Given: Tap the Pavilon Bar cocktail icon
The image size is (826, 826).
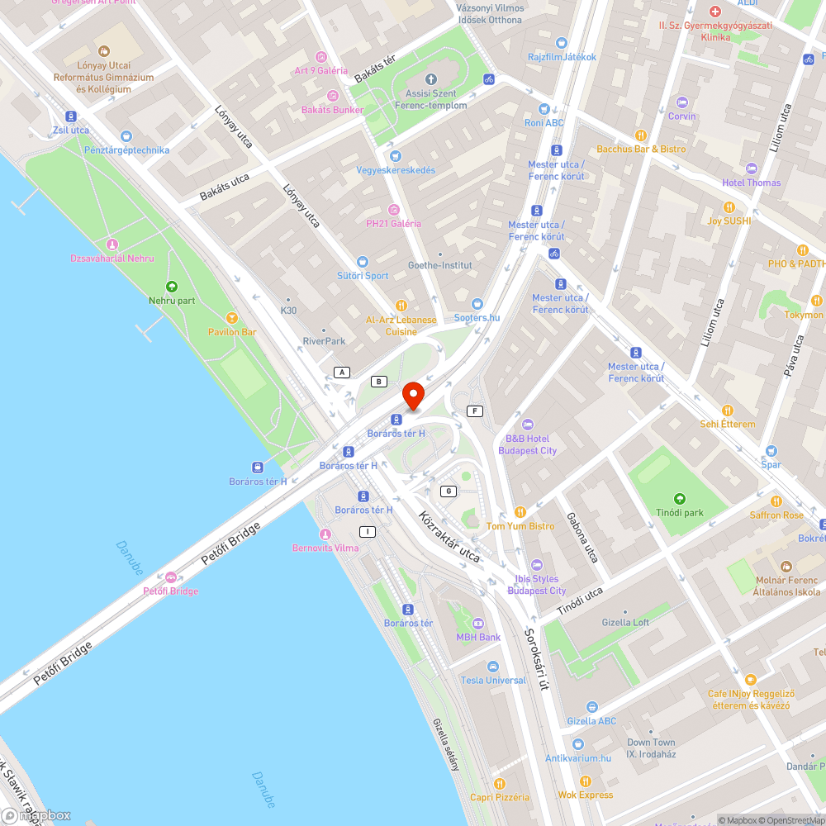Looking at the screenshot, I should pyautogui.click(x=232, y=318).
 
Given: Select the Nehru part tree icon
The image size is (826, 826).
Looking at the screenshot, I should pyautogui.click(x=172, y=287).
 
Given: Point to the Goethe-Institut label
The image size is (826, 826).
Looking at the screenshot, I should pyautogui.click(x=440, y=265).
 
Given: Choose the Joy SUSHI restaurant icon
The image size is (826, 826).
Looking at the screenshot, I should pyautogui.click(x=729, y=206).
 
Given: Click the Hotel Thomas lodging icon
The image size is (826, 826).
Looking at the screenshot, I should pyautogui.click(x=750, y=169).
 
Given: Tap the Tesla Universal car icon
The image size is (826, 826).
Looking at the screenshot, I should pyautogui.click(x=493, y=667).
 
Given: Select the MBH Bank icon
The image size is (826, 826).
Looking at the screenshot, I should pyautogui.click(x=478, y=624).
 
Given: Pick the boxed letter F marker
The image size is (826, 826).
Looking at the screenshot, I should pyautogui.click(x=474, y=411).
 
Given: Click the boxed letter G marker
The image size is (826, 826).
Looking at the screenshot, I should pyautogui.click(x=449, y=491).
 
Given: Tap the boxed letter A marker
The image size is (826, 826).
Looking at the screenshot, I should pyautogui.click(x=341, y=373).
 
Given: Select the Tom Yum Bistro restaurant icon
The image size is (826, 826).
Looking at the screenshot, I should pyautogui.click(x=520, y=512).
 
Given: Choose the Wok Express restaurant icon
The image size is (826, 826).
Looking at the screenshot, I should pyautogui.click(x=585, y=781).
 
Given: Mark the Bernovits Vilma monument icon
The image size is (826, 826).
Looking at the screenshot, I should pyautogui.click(x=325, y=534).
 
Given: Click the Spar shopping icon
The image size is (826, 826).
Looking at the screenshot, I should pyautogui.click(x=771, y=451).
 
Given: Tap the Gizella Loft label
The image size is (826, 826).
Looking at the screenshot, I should pyautogui.click(x=625, y=623).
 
